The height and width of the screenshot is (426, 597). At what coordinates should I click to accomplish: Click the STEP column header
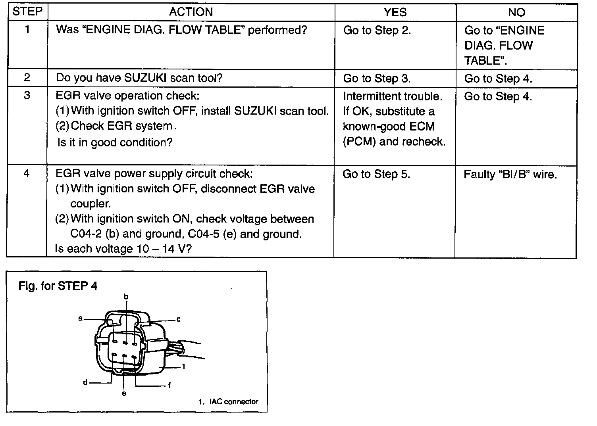pos(27,12)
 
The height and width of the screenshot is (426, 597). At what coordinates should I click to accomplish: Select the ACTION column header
pos(191,12)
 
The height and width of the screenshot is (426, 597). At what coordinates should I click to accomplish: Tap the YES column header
pos(395,12)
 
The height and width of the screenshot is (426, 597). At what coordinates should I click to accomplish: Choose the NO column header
pos(516,12)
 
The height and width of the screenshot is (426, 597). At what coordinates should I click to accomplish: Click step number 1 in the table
pos(27,29)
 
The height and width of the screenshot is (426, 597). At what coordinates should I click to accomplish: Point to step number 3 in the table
pos(27,95)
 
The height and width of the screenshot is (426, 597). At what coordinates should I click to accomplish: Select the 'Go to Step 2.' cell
pos(377,30)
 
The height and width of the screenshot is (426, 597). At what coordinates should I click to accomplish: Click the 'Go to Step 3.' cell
pos(377,78)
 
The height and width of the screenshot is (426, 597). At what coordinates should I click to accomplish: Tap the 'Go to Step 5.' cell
pos(376,174)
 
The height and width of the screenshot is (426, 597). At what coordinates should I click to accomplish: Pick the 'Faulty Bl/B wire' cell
pos(510,175)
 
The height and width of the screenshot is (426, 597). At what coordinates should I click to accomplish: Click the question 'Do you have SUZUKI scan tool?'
pos(139,78)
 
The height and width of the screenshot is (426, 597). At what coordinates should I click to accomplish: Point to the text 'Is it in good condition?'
pos(115,142)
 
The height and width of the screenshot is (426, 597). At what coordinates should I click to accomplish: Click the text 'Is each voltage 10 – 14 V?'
pos(123,249)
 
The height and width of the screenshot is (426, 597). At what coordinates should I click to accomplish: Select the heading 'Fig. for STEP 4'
pos(58,286)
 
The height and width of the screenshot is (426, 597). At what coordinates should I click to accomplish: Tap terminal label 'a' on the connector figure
pos(80,319)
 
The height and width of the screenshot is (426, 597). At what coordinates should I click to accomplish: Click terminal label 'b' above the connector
pos(126,296)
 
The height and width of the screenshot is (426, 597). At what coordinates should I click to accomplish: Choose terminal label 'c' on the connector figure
pos(178,319)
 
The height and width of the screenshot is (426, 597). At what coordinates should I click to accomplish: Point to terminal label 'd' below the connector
pos(85,382)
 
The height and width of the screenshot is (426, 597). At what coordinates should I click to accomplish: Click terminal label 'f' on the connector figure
pos(169,385)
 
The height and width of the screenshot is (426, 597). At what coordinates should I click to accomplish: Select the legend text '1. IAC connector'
pos(228,401)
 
